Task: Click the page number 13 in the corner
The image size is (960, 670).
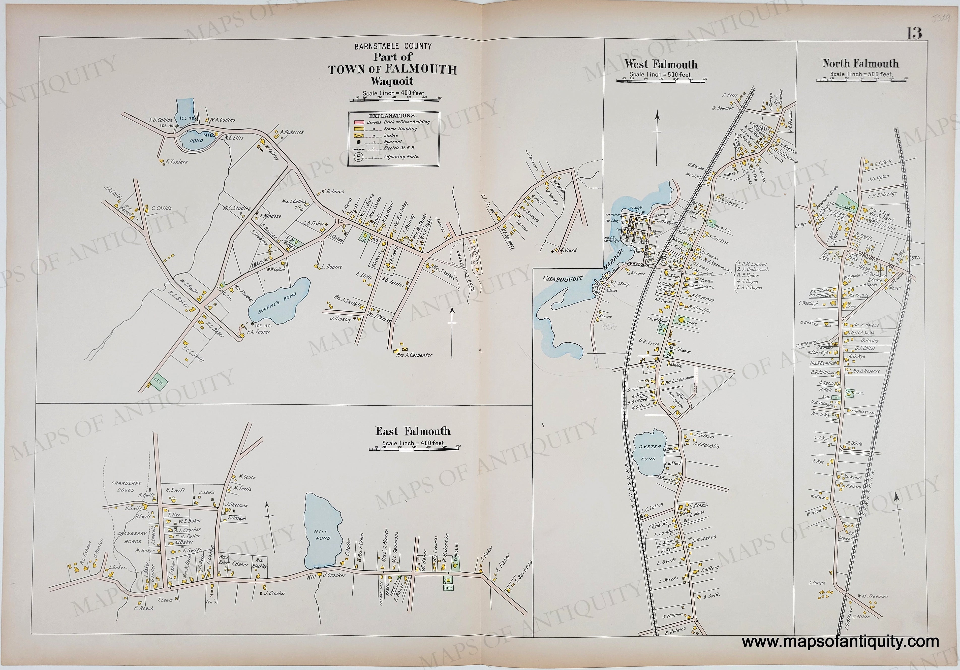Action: [914, 33]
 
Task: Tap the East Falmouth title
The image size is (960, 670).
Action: [412, 431]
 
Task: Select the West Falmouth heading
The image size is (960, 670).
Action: [661, 64]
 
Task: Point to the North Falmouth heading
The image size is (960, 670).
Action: [860, 63]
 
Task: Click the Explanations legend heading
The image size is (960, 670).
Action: [391, 115]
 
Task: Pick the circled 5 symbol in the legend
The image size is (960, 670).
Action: [359, 157]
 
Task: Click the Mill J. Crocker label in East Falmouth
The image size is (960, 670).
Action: [331, 576]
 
